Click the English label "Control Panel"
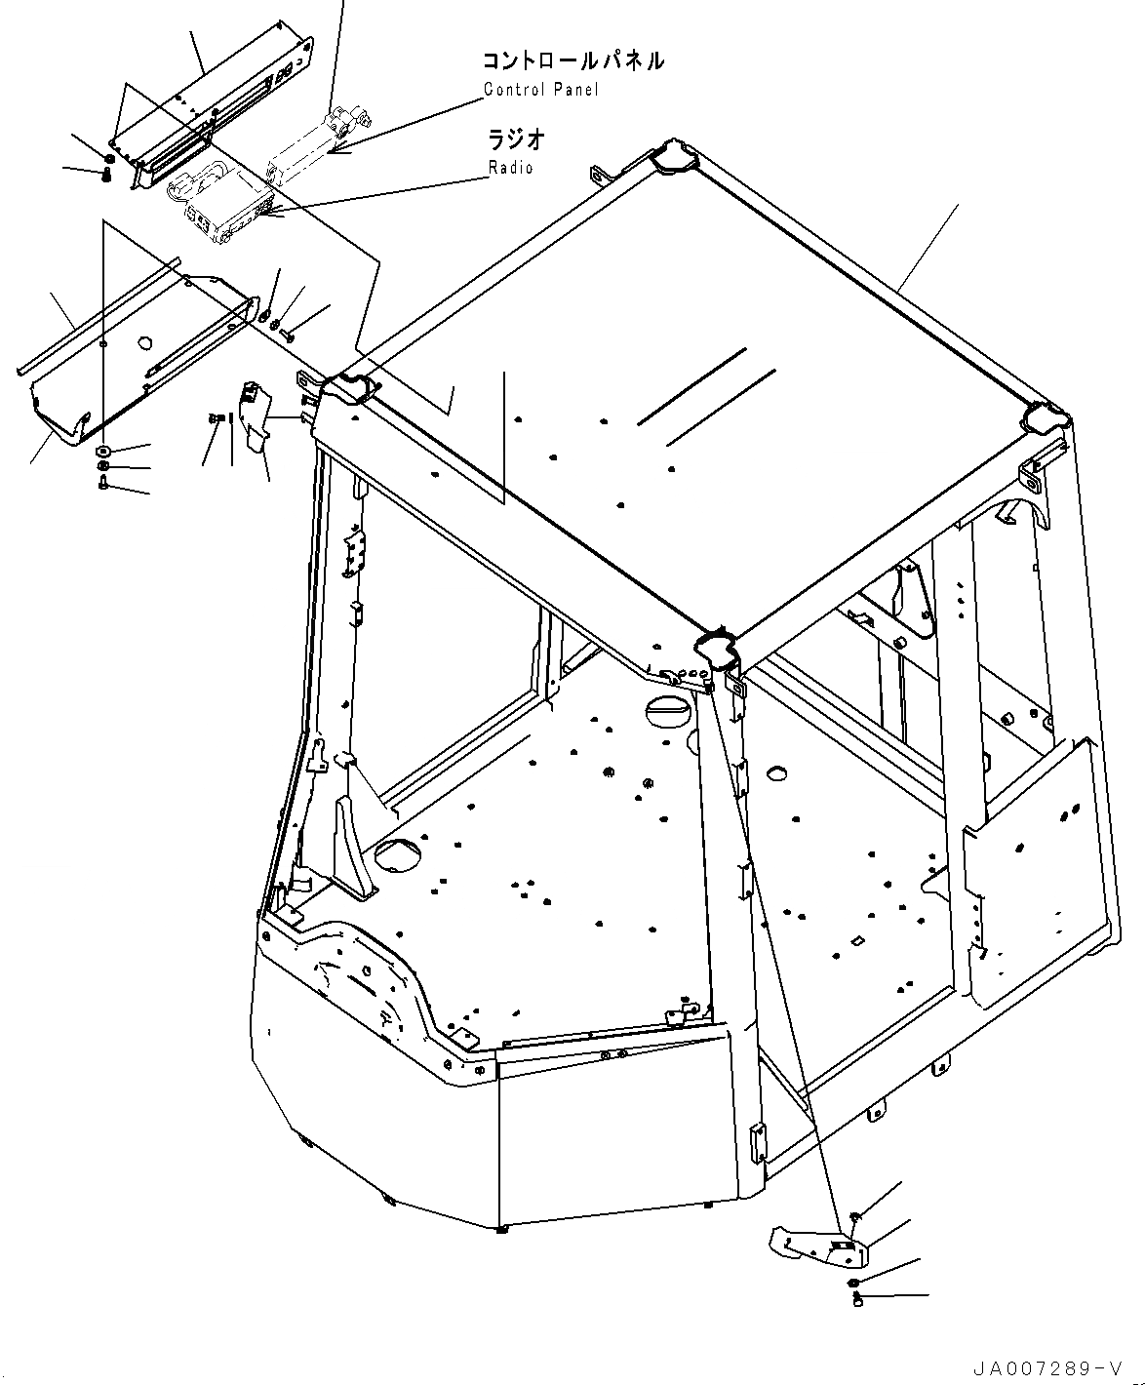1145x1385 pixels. click(541, 90)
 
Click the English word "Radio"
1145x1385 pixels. click(511, 168)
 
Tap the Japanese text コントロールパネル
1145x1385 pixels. click(573, 60)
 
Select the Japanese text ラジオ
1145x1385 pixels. click(516, 139)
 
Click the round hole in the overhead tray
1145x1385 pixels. click(145, 342)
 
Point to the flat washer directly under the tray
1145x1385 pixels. click(103, 452)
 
